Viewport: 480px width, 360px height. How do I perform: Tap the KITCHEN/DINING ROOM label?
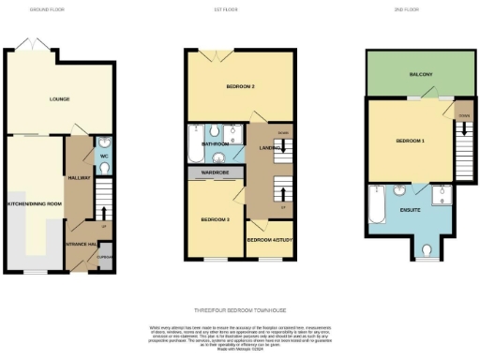pos(35,203)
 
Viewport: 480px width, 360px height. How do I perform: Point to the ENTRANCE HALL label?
pos(81,244)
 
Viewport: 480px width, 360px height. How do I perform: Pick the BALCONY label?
pos(419,74)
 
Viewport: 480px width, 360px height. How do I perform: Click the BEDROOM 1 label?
pos(410,141)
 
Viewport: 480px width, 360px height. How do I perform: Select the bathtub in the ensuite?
pos(378,206)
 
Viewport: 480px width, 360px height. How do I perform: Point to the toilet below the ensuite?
pos(428,250)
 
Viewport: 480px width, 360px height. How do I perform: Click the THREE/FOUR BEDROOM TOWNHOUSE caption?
pos(239,308)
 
